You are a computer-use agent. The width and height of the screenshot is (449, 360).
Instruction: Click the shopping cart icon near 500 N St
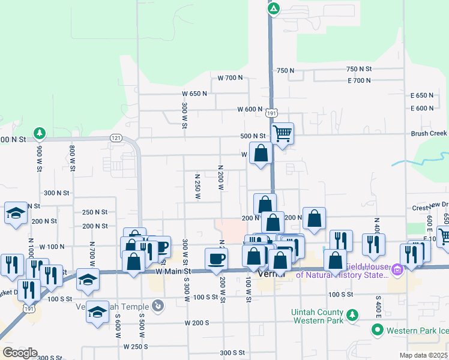click(x=282, y=133)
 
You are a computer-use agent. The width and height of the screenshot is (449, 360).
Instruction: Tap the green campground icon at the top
click(x=273, y=8)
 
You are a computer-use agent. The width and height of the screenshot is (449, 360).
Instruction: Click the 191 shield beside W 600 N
click(x=271, y=112)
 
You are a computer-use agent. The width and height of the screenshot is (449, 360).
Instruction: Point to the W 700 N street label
click(x=230, y=78)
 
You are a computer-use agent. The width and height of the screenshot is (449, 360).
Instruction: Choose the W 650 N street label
click(x=194, y=94)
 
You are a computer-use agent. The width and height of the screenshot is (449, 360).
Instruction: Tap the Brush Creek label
click(x=429, y=134)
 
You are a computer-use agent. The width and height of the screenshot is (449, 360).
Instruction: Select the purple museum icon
click(x=396, y=271)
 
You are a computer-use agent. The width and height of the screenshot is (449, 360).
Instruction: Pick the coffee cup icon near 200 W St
click(x=216, y=258)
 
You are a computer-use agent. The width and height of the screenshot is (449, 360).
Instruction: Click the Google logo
click(x=19, y=353)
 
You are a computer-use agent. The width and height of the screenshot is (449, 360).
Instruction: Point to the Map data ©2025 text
click(x=423, y=355)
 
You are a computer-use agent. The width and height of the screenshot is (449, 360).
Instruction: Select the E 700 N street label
click(x=359, y=80)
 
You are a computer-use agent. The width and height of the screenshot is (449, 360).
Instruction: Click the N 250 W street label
click(x=197, y=187)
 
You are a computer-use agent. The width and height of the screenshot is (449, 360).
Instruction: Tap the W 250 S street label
click(x=136, y=347)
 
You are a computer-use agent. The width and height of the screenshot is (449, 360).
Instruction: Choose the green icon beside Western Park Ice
click(x=377, y=329)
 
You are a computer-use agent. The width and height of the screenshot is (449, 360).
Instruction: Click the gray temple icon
click(x=158, y=305)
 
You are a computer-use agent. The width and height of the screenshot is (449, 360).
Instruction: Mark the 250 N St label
click(x=95, y=212)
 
